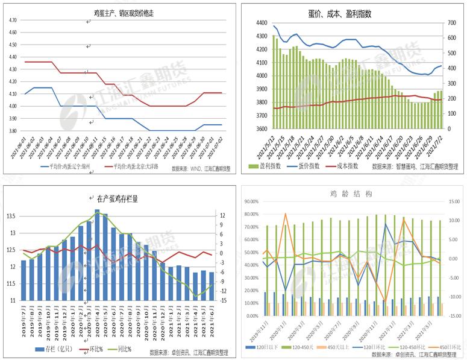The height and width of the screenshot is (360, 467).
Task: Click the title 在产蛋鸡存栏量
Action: pos(117,198)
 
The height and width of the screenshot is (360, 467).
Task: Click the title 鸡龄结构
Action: pos(351,194)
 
